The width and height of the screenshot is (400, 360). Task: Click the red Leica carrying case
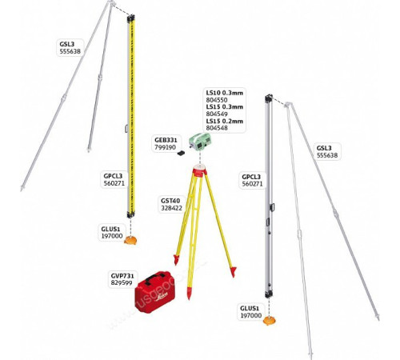click(154, 292)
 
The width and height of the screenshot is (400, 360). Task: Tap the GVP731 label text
click(122, 275)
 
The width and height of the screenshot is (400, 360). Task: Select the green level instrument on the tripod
click(200, 142)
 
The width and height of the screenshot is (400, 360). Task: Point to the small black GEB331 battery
click(182, 153)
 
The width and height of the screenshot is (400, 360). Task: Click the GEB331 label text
click(166, 140)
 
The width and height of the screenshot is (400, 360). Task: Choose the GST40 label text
click(170, 201)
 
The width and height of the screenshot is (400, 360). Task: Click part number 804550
click(217, 100)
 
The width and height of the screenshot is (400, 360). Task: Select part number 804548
click(217, 128)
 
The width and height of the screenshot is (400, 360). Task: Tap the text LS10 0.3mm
click(225, 93)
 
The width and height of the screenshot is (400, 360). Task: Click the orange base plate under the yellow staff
click(130, 240)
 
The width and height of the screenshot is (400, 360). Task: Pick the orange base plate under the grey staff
click(270, 320)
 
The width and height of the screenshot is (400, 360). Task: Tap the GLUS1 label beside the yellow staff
click(110, 229)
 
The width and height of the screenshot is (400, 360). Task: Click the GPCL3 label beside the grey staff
click(251, 177)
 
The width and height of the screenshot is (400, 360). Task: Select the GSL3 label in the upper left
click(67, 44)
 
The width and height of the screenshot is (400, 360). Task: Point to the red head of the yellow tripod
click(199, 170)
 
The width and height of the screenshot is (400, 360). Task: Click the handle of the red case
click(154, 278)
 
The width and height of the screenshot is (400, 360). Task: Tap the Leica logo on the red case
click(162, 296)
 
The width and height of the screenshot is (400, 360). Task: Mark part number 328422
click(171, 208)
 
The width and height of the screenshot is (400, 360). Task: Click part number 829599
click(122, 282)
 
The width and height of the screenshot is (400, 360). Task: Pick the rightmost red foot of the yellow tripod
click(234, 271)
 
